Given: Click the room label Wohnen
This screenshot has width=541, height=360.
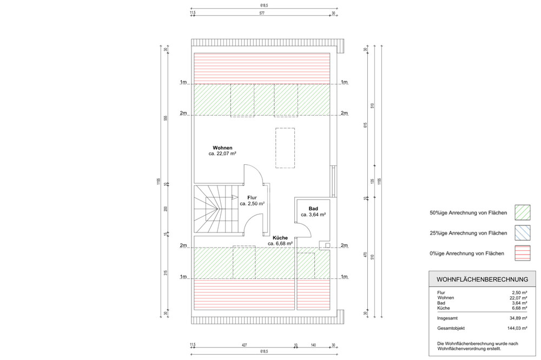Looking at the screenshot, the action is [x=222, y=148].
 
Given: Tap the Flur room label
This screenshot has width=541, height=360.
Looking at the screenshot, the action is [x=252, y=198].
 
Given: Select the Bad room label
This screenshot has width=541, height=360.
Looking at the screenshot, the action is [x=313, y=209].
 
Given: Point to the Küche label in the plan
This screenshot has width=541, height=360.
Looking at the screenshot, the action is [x=280, y=237].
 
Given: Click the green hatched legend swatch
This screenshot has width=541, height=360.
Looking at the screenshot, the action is [x=522, y=212].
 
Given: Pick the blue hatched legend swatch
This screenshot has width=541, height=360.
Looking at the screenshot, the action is [x=522, y=232].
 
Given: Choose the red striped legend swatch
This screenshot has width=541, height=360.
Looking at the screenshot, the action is [x=522, y=253].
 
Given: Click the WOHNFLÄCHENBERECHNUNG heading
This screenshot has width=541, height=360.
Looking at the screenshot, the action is [x=479, y=279].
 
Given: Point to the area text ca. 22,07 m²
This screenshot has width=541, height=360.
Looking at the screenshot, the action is [x=222, y=154].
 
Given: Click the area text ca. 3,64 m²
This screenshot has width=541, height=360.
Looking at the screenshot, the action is [x=313, y=215].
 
